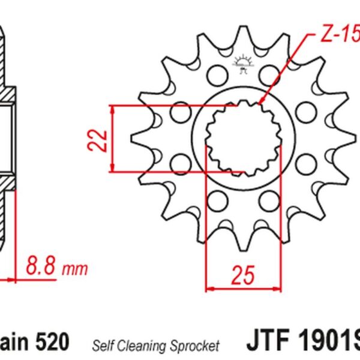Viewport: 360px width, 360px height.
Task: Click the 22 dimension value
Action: [100, 139]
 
